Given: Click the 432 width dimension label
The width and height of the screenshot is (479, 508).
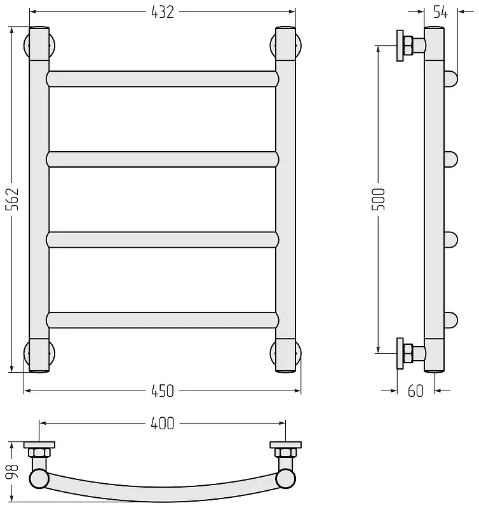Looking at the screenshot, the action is pos(163,12).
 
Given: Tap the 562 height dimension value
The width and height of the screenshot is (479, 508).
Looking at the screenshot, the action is pos(12,199).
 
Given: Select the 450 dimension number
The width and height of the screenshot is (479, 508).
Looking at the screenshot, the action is pos(163,391).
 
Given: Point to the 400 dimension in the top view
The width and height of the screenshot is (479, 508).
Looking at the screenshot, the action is pos(163,424).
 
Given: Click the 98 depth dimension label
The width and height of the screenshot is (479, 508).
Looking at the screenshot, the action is pos(12,472).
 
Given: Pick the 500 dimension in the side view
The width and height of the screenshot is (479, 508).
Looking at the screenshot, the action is pos(378,199).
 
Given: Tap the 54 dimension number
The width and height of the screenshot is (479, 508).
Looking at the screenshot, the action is pos(440,12).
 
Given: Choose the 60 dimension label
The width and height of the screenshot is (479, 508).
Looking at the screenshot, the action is pos(415,391).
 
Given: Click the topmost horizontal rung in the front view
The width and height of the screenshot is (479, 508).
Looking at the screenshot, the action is pos(163,79).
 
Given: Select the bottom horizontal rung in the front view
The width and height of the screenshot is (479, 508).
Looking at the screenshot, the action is pos(163,320).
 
